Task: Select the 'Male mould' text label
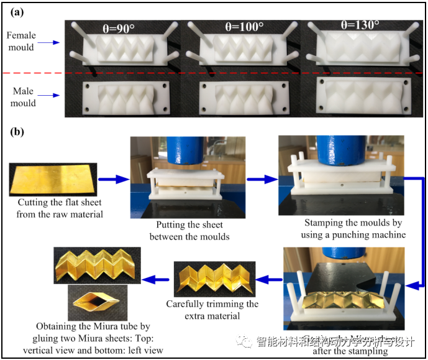pos(23,97)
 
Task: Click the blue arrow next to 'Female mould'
pos(49,42)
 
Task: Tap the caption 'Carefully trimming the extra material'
pos(212,309)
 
